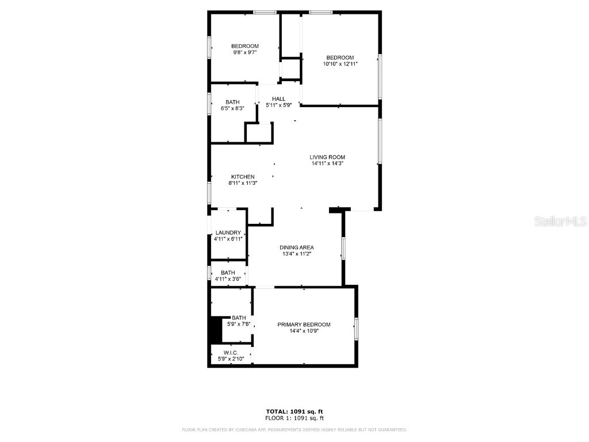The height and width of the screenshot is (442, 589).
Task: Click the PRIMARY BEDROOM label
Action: [304, 325]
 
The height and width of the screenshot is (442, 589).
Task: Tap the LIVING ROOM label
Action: [327, 157]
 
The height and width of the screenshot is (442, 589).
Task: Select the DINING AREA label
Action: [297, 247]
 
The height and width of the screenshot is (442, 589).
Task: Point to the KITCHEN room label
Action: [243, 177]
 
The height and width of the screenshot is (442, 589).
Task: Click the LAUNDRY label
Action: [228, 233]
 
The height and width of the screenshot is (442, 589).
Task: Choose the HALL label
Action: [279, 98]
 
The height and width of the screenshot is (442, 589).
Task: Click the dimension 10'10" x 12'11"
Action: [340, 64]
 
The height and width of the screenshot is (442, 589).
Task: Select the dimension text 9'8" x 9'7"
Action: [244, 52]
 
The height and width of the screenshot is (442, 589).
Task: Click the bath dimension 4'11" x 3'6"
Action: [228, 279]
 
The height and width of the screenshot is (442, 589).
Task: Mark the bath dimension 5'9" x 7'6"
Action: [238, 324]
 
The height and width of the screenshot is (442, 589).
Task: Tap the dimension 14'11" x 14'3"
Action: [327, 163]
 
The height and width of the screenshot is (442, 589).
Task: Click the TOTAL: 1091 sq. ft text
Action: [294, 411]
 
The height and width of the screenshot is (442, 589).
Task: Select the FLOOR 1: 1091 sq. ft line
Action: [294, 418]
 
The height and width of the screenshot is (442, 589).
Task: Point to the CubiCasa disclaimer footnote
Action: [294, 429]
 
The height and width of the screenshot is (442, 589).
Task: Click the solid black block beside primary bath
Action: [216, 330]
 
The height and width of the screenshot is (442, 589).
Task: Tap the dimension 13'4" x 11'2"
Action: [297, 254]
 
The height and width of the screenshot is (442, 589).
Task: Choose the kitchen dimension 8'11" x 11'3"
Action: [243, 183]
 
